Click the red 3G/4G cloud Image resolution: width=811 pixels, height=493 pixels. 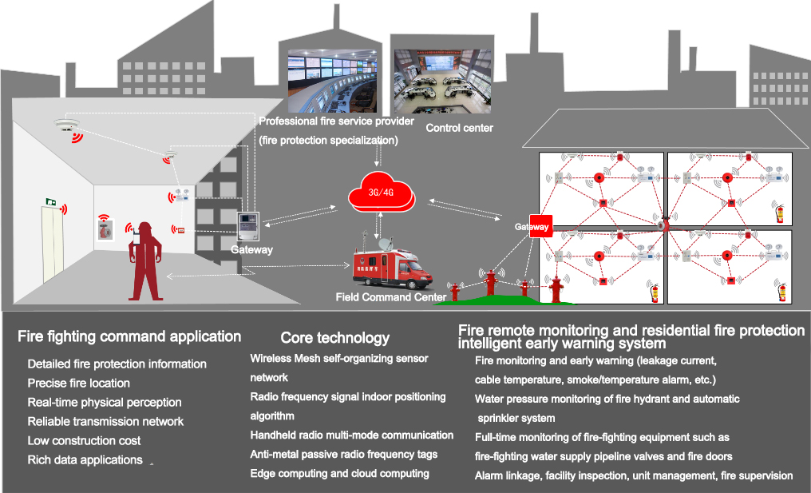(x=382, y=194)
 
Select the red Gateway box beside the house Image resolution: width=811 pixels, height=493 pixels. (x=540, y=227)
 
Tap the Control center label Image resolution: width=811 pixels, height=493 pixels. (x=459, y=128)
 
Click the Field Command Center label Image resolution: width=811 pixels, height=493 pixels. (x=390, y=297)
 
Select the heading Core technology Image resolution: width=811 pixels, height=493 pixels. (x=334, y=338)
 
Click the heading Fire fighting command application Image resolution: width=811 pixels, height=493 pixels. (x=129, y=336)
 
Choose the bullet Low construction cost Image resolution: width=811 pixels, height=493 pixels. (x=84, y=440)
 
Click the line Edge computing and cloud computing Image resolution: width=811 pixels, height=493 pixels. (x=339, y=473)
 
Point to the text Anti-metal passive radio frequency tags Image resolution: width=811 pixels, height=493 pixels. (x=343, y=454)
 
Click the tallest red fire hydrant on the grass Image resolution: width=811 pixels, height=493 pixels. (x=556, y=289)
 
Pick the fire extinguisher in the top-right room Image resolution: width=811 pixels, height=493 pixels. (x=780, y=213)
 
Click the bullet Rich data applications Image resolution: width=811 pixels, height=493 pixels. (x=85, y=459)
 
